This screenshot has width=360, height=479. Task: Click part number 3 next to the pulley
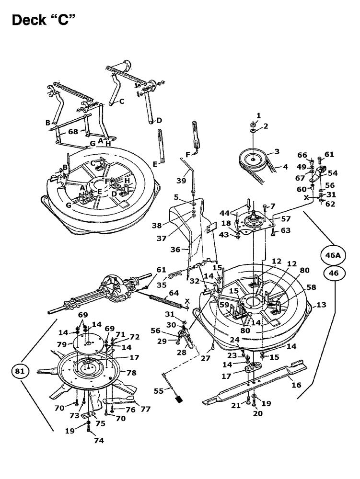coord(277,151)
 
